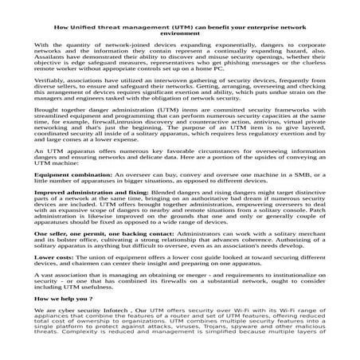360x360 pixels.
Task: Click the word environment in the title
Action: (180, 33)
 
